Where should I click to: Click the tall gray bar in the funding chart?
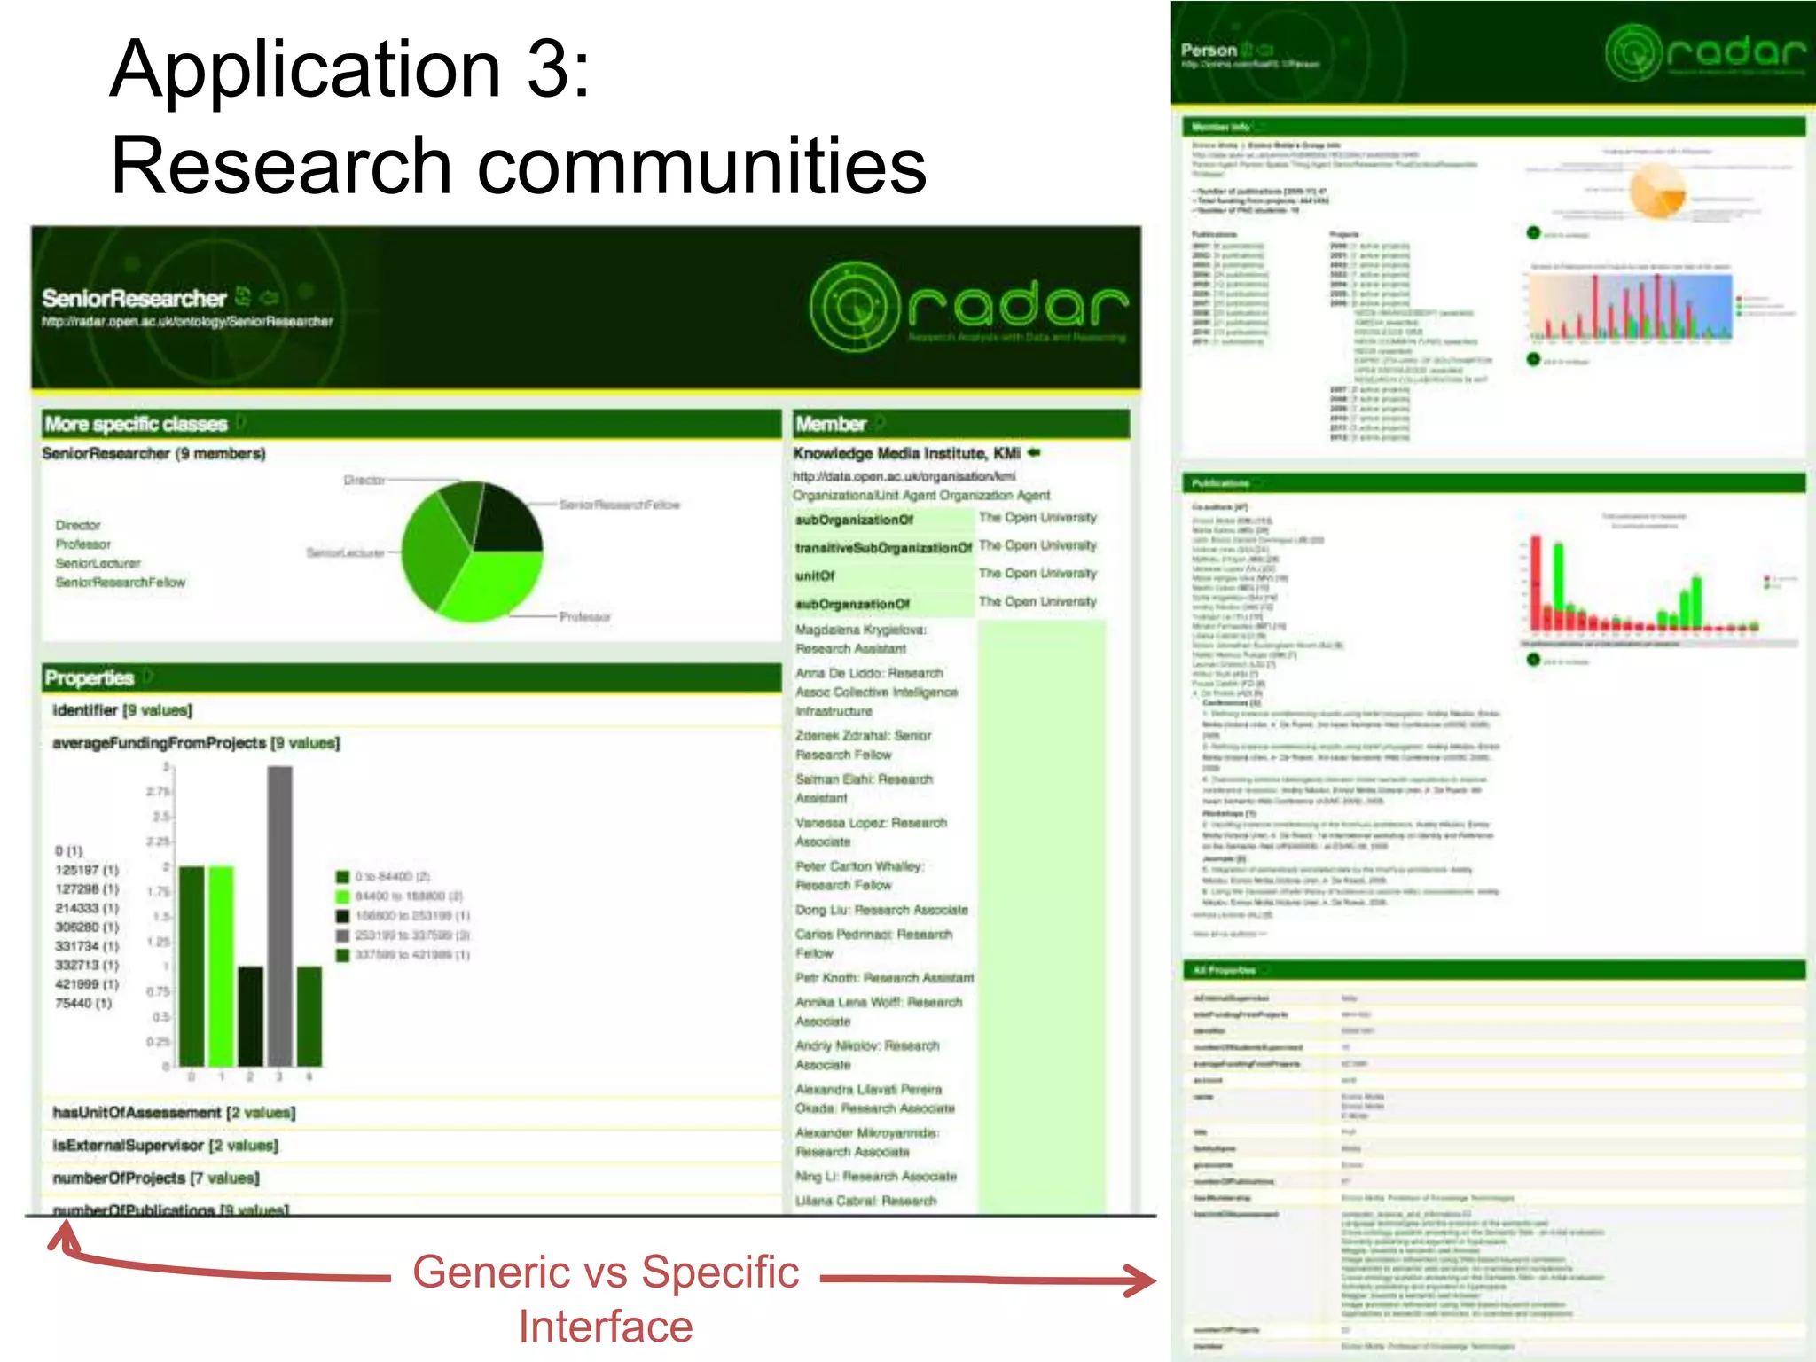(x=279, y=913)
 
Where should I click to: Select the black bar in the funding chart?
(x=251, y=1015)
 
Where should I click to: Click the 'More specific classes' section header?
(x=137, y=424)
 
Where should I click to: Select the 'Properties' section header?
(x=90, y=678)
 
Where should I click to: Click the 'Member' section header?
(x=831, y=424)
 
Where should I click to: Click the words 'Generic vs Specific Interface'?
(x=606, y=1298)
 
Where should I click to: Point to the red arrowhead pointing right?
(x=1139, y=1280)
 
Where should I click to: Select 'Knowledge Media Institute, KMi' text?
(x=906, y=453)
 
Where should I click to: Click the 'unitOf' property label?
(x=815, y=575)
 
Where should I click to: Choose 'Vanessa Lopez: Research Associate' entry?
(x=871, y=832)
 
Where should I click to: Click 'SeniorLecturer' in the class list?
(x=98, y=563)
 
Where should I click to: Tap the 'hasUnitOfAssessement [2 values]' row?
(x=174, y=1113)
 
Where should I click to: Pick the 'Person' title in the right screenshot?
(x=1209, y=50)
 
